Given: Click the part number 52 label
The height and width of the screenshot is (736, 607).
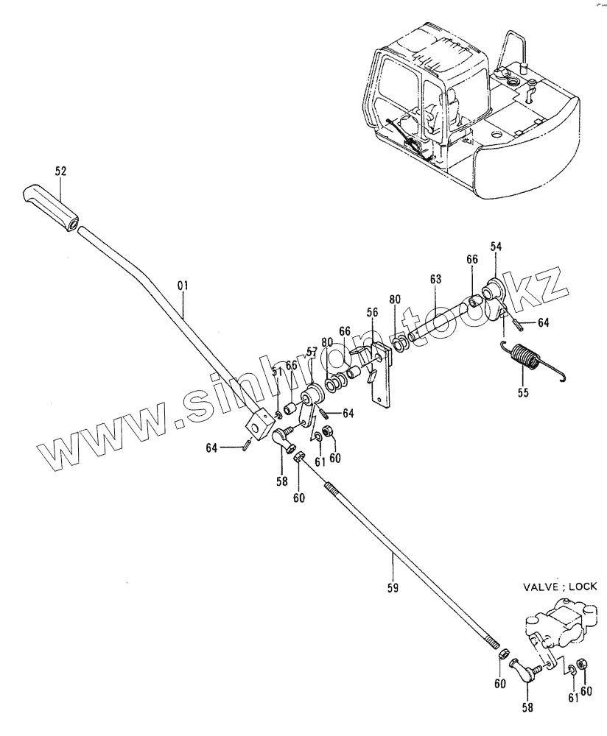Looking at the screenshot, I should pyautogui.click(x=60, y=171).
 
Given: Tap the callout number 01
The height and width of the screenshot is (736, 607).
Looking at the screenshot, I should pyautogui.click(x=183, y=283).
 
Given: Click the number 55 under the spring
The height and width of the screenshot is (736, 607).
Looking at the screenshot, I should pyautogui.click(x=523, y=392).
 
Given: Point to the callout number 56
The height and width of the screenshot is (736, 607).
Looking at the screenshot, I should pyautogui.click(x=373, y=312).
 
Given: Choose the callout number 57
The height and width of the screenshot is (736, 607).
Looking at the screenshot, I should pyautogui.click(x=310, y=352).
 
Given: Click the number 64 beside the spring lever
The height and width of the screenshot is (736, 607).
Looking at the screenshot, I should pyautogui.click(x=542, y=322).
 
